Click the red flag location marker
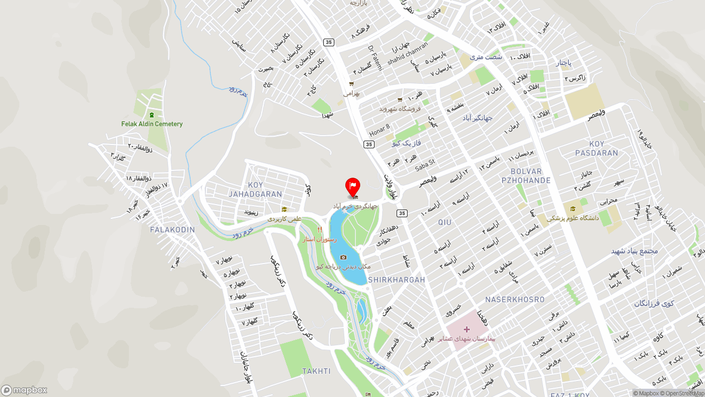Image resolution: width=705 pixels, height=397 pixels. click(x=352, y=186)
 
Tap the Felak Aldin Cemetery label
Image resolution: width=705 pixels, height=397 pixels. click(x=152, y=124)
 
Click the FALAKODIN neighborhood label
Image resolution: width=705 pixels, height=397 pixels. click(x=172, y=229)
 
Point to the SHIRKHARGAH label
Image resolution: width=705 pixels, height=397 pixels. click(x=397, y=280)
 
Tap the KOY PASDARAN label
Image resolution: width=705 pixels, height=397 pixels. click(x=596, y=148)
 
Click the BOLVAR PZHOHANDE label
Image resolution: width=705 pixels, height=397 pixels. click(x=526, y=176)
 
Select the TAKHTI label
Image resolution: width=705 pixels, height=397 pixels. click(x=316, y=371)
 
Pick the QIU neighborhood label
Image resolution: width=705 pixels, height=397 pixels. click(x=444, y=222)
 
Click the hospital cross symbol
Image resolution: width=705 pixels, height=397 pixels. click(x=467, y=329)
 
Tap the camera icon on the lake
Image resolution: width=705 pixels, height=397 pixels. click(x=343, y=257)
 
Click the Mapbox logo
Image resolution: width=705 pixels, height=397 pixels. click(x=24, y=390)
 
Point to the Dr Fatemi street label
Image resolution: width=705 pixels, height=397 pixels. click(x=375, y=58)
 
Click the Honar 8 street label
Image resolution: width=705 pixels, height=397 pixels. click(x=379, y=131)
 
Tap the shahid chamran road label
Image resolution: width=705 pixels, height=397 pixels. click(x=408, y=53)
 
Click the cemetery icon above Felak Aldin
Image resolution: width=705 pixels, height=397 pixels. click(x=151, y=115)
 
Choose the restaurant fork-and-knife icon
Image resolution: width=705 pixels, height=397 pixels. click(x=319, y=230)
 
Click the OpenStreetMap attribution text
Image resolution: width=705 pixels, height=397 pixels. click(x=684, y=393)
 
